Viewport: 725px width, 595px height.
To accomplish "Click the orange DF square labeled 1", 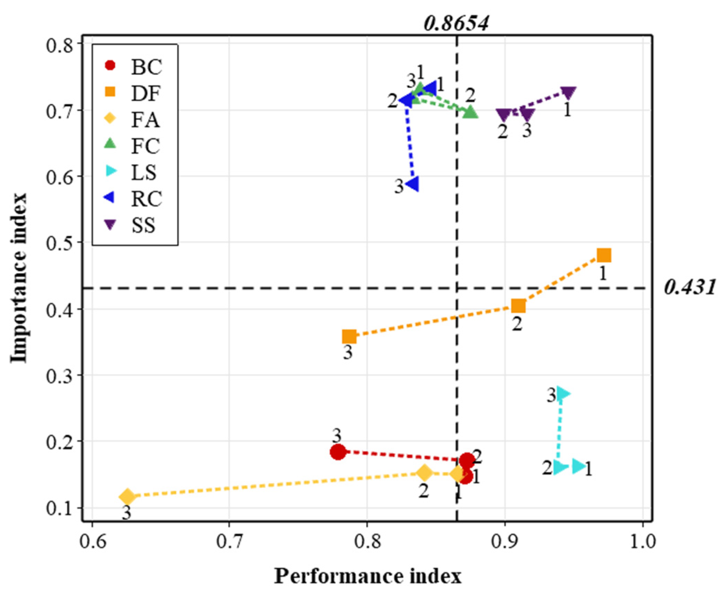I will tap(604, 256).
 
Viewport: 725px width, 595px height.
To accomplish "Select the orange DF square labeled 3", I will tap(349, 336).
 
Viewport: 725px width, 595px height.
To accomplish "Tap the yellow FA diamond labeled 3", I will tap(127, 497).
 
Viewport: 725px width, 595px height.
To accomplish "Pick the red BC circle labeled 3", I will tap(338, 452).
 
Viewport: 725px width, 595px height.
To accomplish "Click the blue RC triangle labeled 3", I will tap(412, 184).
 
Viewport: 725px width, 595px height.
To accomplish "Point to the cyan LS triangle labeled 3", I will tap(563, 394).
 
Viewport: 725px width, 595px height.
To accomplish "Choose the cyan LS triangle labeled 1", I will tap(579, 466).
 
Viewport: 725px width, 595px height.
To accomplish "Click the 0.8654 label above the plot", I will tap(456, 24).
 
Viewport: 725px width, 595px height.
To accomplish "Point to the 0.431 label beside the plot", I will tap(689, 287).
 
